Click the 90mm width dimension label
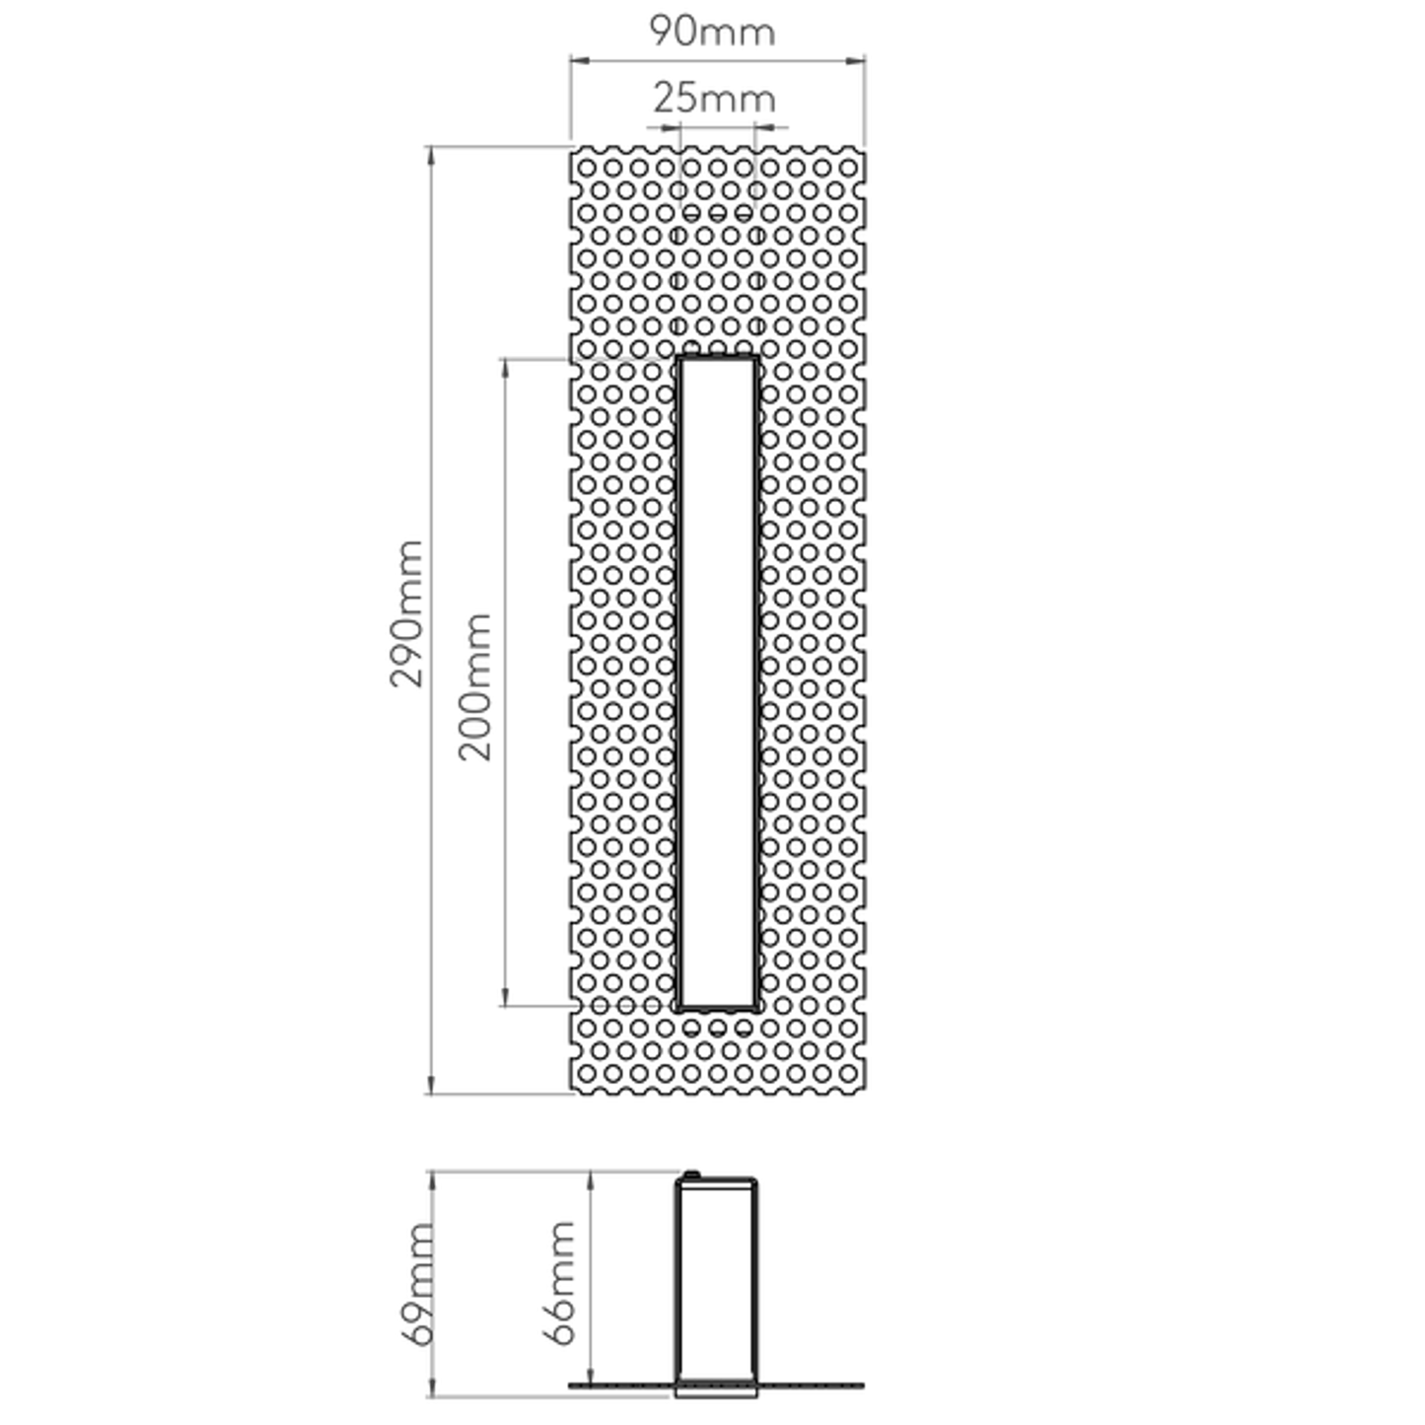(x=712, y=31)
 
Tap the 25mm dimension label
(x=714, y=98)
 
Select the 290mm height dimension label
(x=406, y=613)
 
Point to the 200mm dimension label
(x=474, y=686)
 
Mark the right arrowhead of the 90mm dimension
(x=855, y=61)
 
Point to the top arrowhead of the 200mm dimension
(x=506, y=368)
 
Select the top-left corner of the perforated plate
(x=571, y=148)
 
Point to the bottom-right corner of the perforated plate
(x=865, y=1094)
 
